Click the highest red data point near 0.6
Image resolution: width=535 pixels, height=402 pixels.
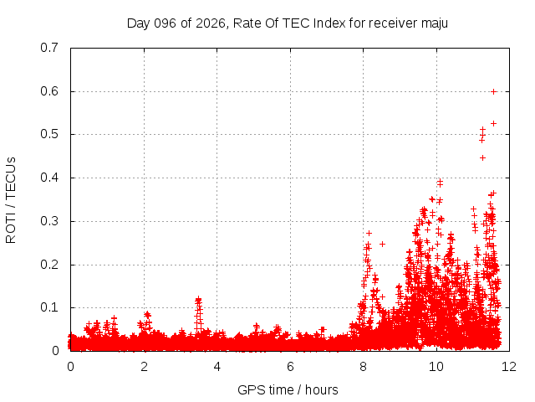494,91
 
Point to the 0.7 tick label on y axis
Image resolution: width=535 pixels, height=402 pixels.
49,48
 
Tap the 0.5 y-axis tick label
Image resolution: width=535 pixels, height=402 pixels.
49,134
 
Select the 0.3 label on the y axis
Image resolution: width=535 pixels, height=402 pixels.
49,221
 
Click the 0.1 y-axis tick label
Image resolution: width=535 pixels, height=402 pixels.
49,307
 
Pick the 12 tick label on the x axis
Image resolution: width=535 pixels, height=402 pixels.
509,367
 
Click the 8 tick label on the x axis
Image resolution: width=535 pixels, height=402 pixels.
363,367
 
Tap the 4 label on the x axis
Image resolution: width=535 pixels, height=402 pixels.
217,367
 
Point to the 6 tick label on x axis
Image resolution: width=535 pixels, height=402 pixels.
290,367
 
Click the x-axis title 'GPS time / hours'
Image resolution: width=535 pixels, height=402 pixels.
288,389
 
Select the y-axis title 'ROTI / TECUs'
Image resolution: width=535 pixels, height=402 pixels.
12,199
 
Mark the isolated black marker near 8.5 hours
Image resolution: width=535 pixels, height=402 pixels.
382,245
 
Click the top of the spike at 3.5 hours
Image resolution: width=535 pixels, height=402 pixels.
198,299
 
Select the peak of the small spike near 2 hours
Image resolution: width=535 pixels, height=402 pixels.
147,314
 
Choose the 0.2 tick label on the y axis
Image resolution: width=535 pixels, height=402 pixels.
49,265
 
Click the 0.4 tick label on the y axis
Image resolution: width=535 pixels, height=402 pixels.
49,178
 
